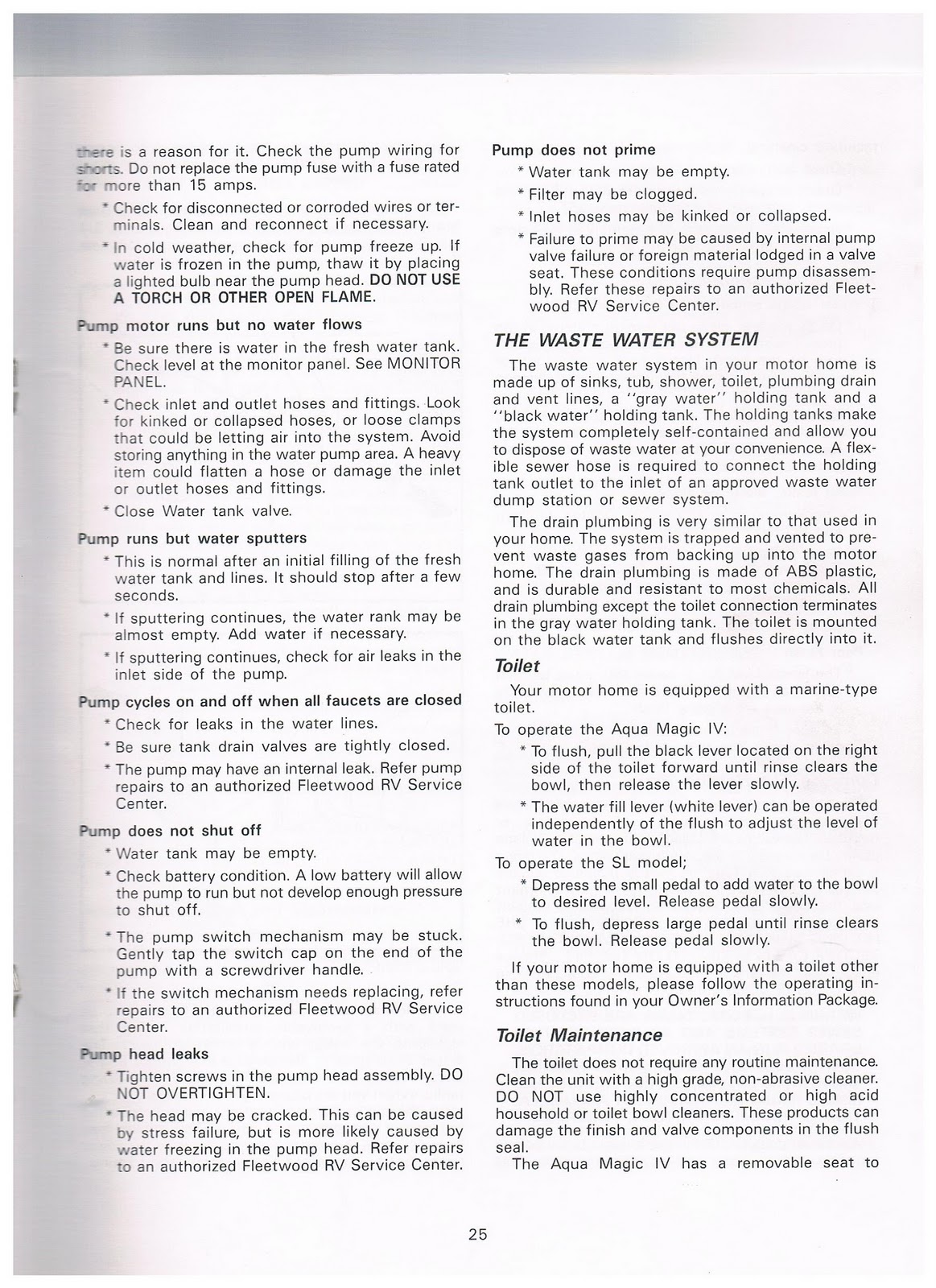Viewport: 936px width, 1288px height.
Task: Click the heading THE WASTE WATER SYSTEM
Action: [625, 339]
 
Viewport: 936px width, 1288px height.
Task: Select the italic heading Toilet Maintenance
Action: [578, 1035]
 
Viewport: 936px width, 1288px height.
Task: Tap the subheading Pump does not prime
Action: [573, 150]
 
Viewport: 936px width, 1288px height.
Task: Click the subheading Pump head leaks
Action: [144, 1054]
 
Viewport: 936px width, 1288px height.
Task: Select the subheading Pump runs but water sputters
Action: [192, 538]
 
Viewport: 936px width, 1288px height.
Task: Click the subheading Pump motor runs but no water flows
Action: [219, 324]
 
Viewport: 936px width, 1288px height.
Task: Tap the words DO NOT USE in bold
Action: [414, 279]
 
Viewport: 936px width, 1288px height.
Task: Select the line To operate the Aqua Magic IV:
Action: [611, 729]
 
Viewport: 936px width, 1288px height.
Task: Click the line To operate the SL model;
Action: [590, 863]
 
